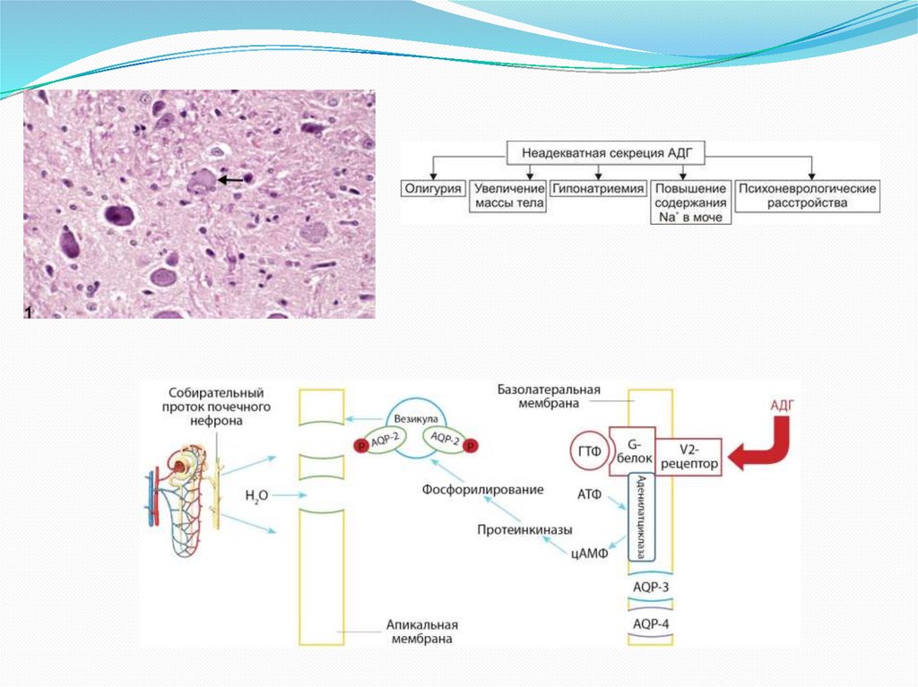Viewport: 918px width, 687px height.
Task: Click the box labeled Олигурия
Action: [x=432, y=189]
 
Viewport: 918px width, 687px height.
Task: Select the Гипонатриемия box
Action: [x=598, y=189]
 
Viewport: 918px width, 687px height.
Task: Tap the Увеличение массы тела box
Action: [x=508, y=196]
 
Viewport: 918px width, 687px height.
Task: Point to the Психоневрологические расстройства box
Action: [x=807, y=196]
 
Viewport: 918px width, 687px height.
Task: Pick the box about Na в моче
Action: [x=691, y=203]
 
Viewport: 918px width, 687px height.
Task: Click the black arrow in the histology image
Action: [x=230, y=180]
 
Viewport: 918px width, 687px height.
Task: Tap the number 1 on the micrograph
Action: [x=30, y=310]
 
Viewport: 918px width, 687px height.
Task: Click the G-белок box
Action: [x=632, y=451]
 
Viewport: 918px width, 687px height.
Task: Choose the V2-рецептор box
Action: [x=688, y=458]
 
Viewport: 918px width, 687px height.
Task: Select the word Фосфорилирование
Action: [x=483, y=490]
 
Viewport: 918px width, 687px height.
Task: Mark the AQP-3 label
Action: [x=651, y=587]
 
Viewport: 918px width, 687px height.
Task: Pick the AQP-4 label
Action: [x=651, y=623]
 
